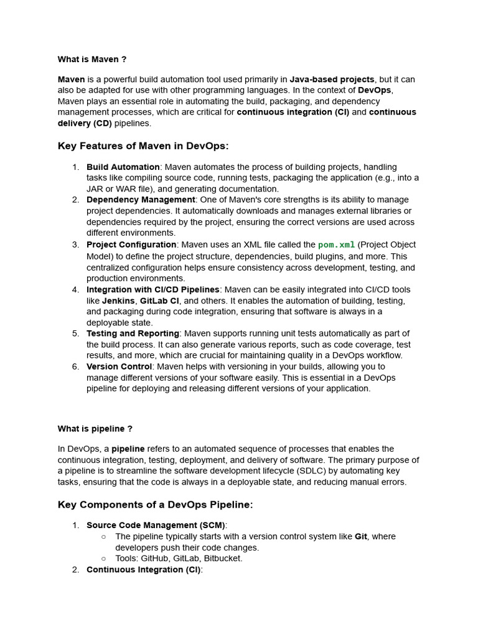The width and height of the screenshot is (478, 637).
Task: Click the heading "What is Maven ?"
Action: (92, 59)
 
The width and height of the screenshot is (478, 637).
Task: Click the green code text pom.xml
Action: (336, 245)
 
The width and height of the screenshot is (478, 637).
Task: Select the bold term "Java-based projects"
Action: (332, 80)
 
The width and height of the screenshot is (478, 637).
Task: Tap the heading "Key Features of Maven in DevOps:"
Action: (143, 146)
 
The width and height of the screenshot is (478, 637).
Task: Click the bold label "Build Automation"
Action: (123, 167)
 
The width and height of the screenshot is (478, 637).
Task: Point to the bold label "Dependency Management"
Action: (141, 200)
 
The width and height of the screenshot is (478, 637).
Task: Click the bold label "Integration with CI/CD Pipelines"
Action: (152, 289)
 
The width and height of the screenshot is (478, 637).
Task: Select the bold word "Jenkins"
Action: (118, 300)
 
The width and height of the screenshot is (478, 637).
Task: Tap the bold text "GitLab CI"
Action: (159, 300)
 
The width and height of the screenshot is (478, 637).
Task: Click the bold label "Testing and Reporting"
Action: (133, 333)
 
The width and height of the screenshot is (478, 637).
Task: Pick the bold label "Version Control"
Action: (119, 366)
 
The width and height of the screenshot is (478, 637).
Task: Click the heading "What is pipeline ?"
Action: (95, 429)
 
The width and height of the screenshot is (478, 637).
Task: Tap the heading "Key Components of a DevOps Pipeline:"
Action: (155, 504)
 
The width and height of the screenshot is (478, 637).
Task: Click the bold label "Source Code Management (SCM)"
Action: (156, 525)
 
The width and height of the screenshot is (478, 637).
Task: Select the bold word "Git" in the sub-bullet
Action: (361, 536)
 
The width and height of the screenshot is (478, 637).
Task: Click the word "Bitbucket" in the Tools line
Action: (223, 558)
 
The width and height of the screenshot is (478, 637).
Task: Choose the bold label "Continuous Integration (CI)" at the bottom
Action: (144, 569)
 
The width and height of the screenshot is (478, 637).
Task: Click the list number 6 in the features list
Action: (75, 366)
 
